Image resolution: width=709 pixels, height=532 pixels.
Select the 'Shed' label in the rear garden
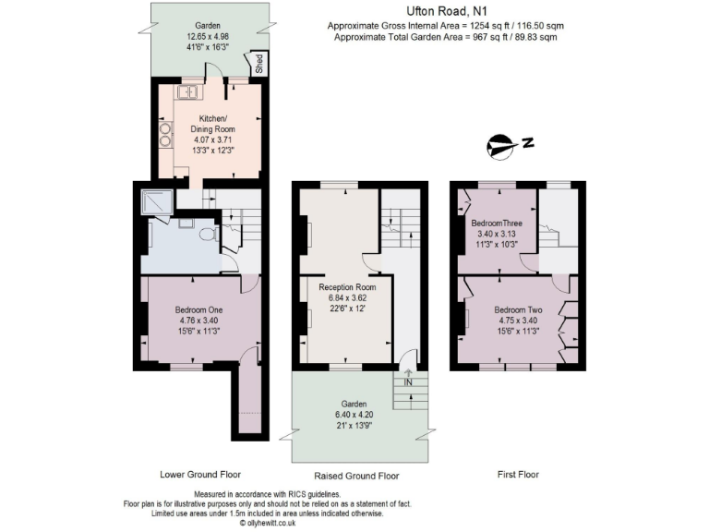click(258, 64)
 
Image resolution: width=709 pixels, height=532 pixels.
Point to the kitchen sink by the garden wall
click(192, 91)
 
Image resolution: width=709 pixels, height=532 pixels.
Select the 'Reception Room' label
click(341, 287)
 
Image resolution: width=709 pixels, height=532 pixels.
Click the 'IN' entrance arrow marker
click(407, 377)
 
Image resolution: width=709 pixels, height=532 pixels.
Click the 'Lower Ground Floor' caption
click(198, 475)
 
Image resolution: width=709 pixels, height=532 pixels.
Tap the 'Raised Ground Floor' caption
click(356, 476)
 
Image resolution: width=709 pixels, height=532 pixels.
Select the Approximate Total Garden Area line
click(446, 37)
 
